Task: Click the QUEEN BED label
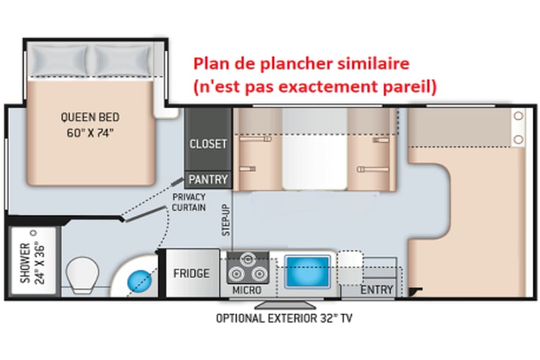click(90, 117)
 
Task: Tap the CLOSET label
click(208, 143)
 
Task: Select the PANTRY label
click(208, 179)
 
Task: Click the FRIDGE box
click(191, 273)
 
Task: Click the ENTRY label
click(376, 291)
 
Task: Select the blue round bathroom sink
click(139, 278)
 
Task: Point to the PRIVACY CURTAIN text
click(189, 202)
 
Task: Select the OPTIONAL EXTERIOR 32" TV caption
click(283, 318)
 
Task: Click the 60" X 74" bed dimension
click(90, 132)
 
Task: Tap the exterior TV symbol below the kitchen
click(283, 304)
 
